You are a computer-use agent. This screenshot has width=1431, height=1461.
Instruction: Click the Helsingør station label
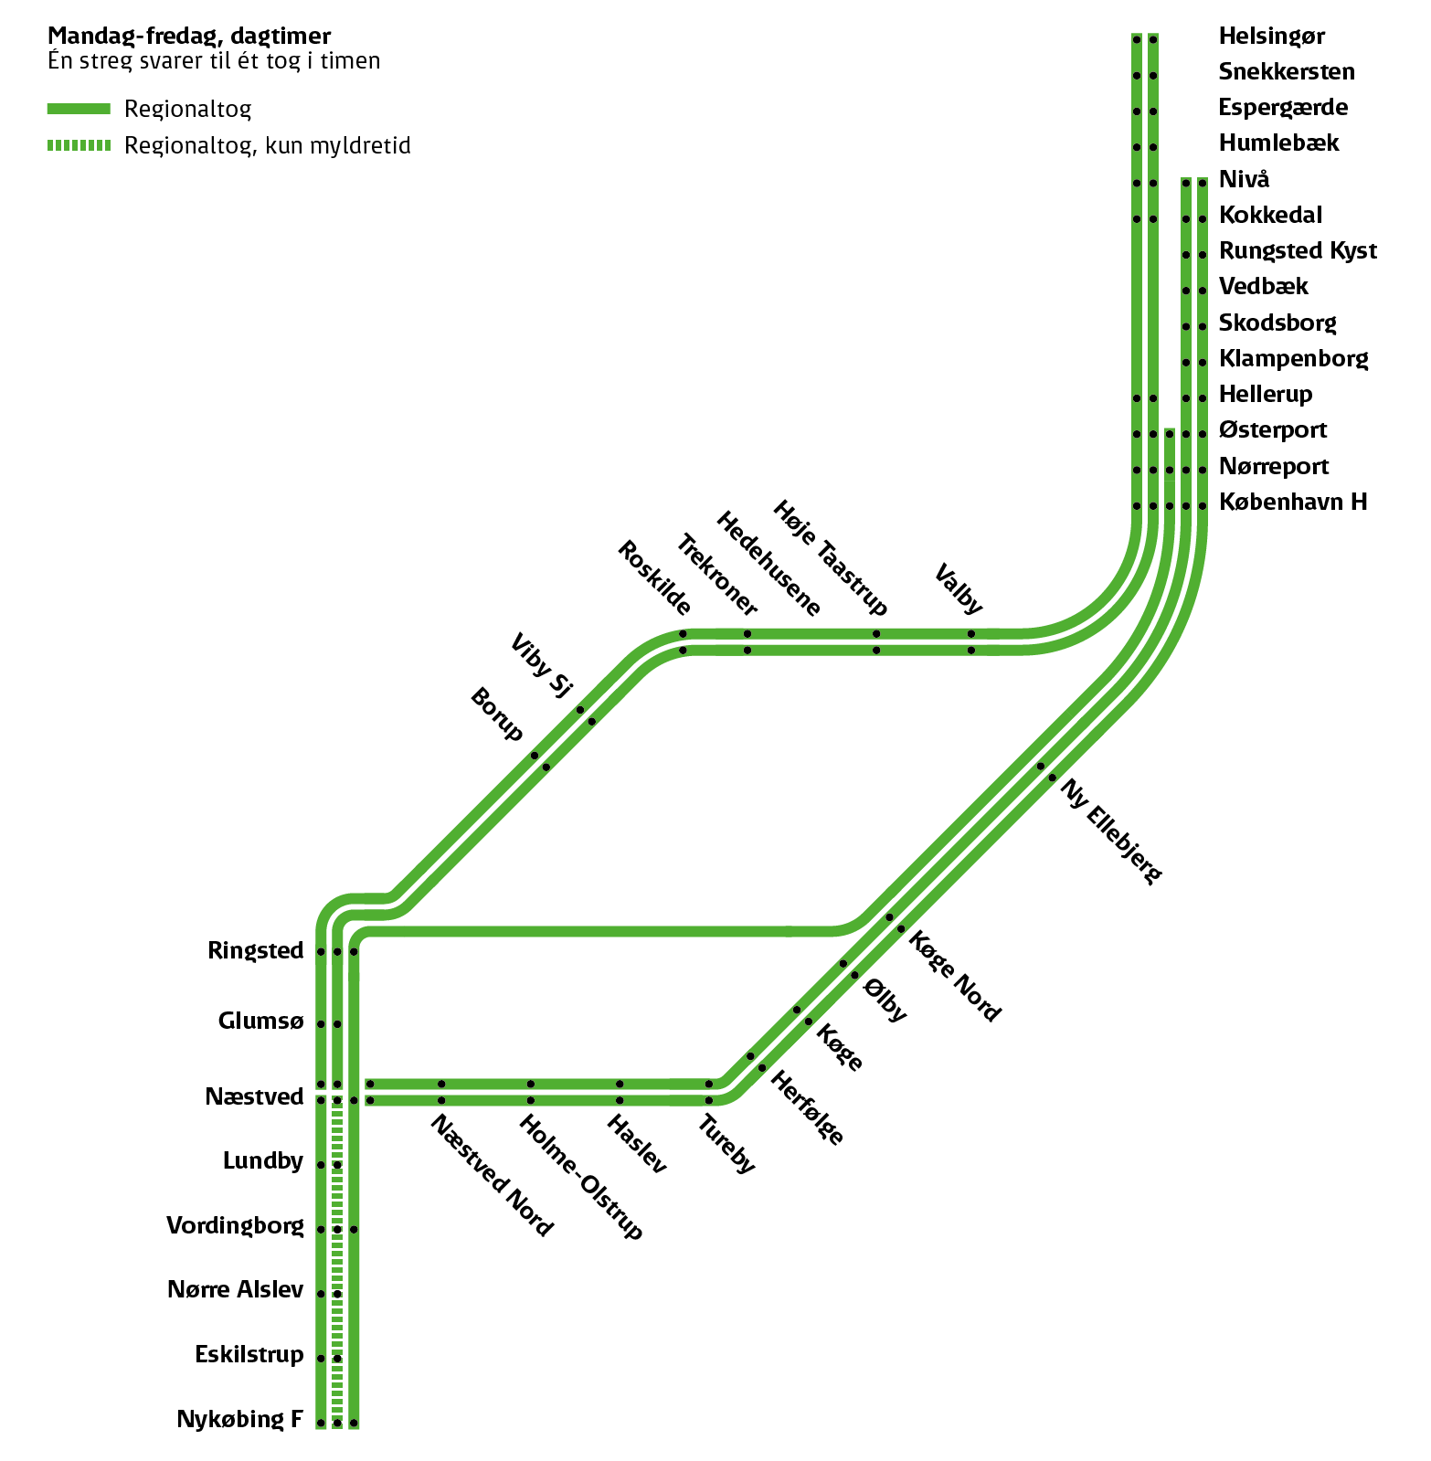pyautogui.click(x=1271, y=37)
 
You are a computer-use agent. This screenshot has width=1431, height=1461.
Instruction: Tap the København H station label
pyautogui.click(x=1292, y=502)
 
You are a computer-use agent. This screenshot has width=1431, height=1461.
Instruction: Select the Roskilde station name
pyautogui.click(x=654, y=577)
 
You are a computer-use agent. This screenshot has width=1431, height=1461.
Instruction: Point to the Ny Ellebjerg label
pyautogui.click(x=1111, y=831)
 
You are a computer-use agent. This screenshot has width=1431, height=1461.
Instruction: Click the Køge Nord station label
pyautogui.click(x=955, y=976)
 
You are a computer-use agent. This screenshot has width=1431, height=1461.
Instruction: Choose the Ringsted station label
pyautogui.click(x=255, y=950)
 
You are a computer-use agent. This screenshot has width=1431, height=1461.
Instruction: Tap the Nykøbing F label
pyautogui.click(x=239, y=1419)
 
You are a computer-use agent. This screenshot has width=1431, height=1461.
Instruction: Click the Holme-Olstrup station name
pyautogui.click(x=581, y=1177)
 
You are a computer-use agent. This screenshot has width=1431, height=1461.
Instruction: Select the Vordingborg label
pyautogui.click(x=235, y=1225)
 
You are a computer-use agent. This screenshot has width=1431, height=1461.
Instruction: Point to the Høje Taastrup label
pyautogui.click(x=830, y=557)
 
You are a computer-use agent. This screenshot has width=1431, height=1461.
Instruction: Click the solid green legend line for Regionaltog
pyautogui.click(x=79, y=109)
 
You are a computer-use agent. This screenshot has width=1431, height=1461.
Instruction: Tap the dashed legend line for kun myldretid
pyautogui.click(x=79, y=145)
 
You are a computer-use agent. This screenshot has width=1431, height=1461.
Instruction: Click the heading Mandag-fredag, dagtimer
pyautogui.click(x=189, y=36)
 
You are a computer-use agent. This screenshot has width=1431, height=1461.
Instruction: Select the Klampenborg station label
pyautogui.click(x=1293, y=358)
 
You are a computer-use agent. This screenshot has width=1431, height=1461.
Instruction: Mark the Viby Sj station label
pyautogui.click(x=541, y=665)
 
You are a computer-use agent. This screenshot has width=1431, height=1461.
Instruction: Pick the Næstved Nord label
pyautogui.click(x=492, y=1175)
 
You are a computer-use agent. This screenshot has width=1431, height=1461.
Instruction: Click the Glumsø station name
pyautogui.click(x=260, y=1021)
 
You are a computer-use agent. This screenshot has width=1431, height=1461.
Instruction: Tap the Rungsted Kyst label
pyautogui.click(x=1298, y=250)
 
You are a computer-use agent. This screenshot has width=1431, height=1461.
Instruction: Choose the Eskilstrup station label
pyautogui.click(x=249, y=1354)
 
